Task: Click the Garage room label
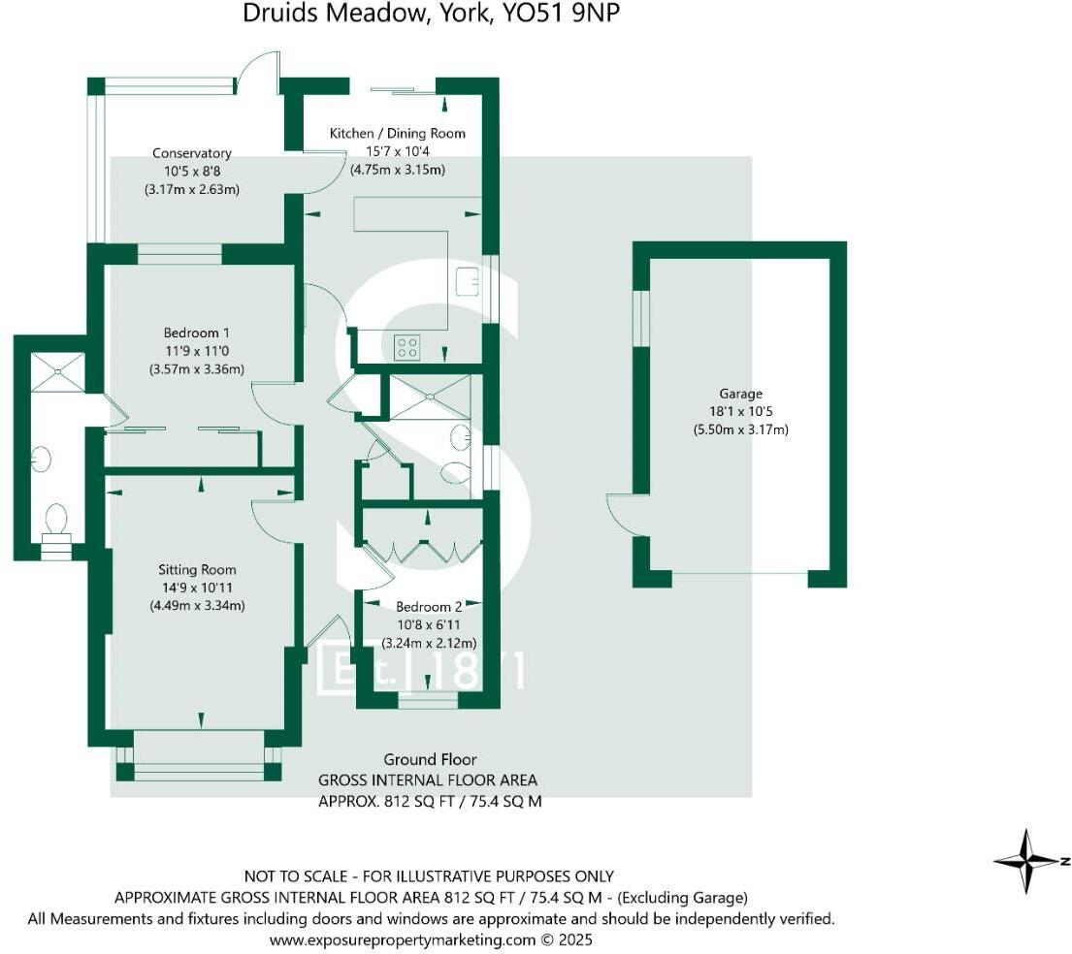[740, 394]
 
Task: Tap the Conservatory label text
[191, 153]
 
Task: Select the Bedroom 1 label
[196, 333]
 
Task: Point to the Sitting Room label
[197, 570]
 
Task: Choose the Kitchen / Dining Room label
[397, 133]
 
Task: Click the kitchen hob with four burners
[407, 346]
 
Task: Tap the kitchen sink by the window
[469, 279]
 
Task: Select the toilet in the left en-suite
[55, 519]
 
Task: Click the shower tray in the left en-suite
[58, 372]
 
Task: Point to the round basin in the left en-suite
[41, 459]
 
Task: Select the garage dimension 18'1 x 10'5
[740, 411]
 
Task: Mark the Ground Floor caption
[430, 759]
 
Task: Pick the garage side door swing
[622, 515]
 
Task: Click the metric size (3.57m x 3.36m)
[196, 368]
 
